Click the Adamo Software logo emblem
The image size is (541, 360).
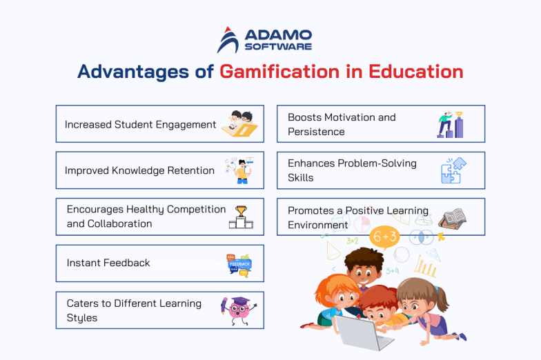228,40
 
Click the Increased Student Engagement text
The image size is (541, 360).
141,125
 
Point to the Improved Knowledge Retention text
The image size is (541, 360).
139,170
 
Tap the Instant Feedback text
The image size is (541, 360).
108,263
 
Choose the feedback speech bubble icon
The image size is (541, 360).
239,264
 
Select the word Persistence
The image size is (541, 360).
316,131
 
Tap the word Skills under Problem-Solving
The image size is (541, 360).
301,177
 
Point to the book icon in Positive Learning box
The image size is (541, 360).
452,218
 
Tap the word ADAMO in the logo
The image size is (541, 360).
278,35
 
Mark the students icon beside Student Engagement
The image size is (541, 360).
242,123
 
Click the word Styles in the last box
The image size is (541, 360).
82,317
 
